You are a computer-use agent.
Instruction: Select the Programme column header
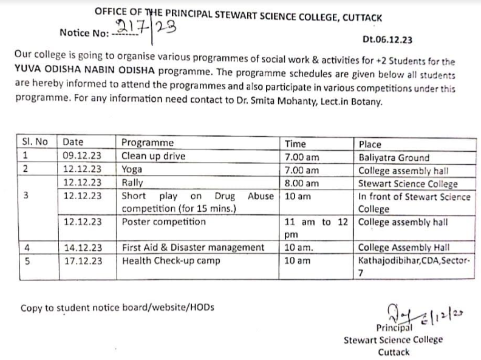click(x=147, y=143)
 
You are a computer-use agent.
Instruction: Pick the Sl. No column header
click(x=35, y=143)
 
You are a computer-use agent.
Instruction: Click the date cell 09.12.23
click(x=82, y=156)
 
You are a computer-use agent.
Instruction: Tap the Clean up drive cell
click(x=154, y=156)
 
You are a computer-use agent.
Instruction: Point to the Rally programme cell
click(x=132, y=182)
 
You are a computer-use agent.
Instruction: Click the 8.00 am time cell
click(x=301, y=183)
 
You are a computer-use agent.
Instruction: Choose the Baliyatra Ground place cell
click(x=394, y=157)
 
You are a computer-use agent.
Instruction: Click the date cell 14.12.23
click(x=82, y=248)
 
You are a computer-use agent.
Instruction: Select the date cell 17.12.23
click(x=82, y=261)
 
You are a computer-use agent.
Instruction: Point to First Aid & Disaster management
click(x=193, y=248)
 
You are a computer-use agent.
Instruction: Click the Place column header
click(x=370, y=144)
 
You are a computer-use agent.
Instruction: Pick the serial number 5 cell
click(x=26, y=261)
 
